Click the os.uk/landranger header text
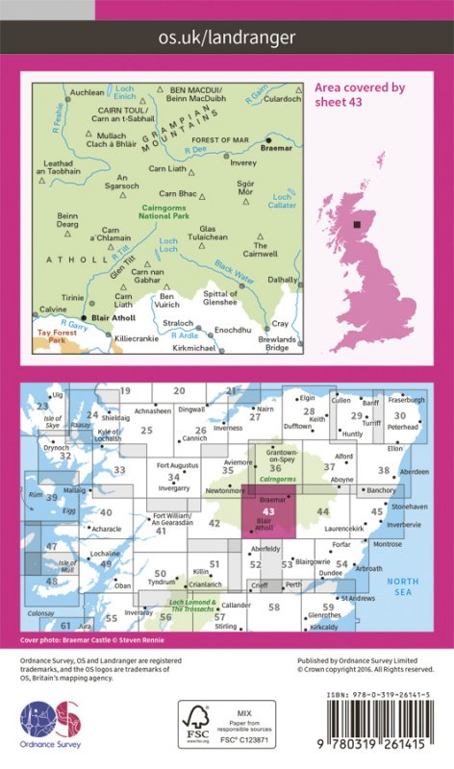(x=227, y=37)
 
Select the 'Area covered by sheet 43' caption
(x=360, y=94)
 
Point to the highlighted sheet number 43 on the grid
(x=268, y=510)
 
